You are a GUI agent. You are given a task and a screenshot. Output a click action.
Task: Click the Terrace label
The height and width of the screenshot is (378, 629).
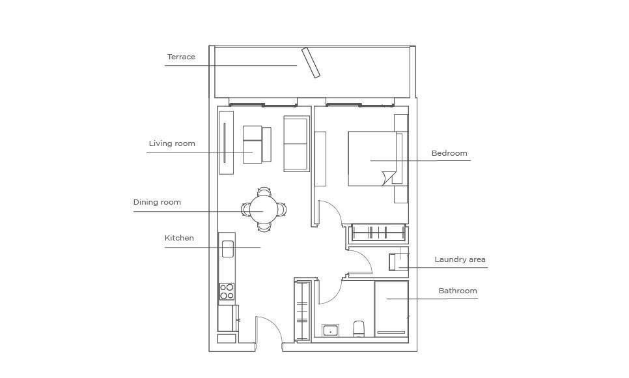coord(181,57)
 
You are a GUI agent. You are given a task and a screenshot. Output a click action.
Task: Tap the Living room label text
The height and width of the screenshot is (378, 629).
coord(172,143)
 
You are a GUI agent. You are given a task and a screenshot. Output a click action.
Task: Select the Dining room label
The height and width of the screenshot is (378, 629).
coord(158,202)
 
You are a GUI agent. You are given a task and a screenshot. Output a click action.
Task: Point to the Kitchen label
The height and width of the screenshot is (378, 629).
coord(179,238)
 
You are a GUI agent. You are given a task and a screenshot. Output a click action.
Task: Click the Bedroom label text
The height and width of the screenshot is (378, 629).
coord(449,153)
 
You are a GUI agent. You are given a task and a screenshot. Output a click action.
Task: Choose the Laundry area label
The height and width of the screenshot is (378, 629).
coord(460,259)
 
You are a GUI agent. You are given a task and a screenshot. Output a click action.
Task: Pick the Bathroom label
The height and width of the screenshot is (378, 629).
coord(458,291)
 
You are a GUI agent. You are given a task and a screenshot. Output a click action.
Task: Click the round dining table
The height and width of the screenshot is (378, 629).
coord(264,210)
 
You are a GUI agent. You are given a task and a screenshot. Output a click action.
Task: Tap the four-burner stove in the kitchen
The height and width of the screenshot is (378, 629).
coord(227,291)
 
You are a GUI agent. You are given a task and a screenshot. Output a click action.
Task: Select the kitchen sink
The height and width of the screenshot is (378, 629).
coord(227,249)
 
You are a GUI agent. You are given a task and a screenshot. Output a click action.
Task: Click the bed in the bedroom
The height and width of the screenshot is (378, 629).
coord(375,158)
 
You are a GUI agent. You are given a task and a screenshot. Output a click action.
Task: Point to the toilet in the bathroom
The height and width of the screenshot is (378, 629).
coord(359,328)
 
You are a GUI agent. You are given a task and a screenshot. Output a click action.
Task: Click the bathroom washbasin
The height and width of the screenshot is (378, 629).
coord(330,330)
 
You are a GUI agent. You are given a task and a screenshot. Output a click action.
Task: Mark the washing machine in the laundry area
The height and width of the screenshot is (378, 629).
coord(398,262)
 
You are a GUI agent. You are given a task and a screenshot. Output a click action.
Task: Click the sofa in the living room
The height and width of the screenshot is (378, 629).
coord(296,143)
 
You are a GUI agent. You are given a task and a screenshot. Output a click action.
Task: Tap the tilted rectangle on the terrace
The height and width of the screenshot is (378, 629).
coord(311,63)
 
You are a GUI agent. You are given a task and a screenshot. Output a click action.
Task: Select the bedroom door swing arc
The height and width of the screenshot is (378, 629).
coord(333,209)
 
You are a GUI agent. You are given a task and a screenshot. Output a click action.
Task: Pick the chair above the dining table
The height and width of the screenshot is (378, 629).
coord(264,192)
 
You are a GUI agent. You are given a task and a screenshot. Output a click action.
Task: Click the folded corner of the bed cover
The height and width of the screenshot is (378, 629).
coord(389,178)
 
